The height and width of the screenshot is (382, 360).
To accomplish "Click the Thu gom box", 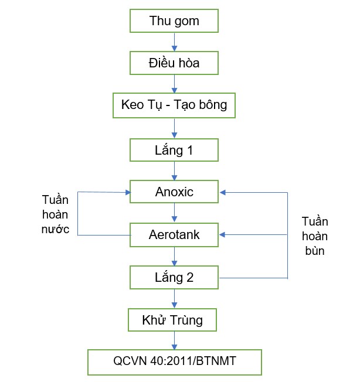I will click(x=174, y=22).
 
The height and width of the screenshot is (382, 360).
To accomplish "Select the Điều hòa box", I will click(x=174, y=63).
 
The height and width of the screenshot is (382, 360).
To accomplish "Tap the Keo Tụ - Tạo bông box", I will click(x=174, y=105).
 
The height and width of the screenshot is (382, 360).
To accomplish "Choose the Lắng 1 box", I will click(x=174, y=150).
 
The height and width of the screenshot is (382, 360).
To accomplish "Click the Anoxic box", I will click(x=174, y=192).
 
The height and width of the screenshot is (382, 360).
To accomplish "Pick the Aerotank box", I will click(x=174, y=235).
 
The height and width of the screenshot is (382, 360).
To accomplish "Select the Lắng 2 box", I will click(x=174, y=278).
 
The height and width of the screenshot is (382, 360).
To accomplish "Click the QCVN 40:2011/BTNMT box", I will click(x=174, y=361).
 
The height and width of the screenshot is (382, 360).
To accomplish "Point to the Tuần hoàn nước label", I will click(x=55, y=214).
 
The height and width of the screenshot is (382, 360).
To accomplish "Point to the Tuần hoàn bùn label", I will click(x=314, y=236).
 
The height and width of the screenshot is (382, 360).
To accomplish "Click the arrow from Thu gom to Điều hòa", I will click(x=174, y=42).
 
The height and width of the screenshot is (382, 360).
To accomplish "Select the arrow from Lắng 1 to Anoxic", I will click(x=174, y=170).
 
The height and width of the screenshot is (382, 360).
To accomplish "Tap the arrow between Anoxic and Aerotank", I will click(x=174, y=213).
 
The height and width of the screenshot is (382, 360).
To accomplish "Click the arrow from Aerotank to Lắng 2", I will click(x=174, y=256).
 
